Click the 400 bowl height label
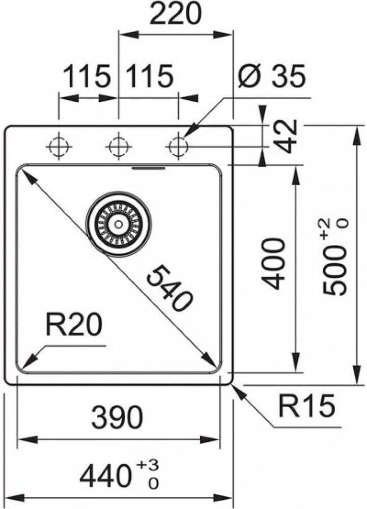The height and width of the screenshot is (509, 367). click(x=275, y=264)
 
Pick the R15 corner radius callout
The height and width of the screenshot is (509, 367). click(x=306, y=406)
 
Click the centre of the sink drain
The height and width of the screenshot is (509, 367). click(x=119, y=223)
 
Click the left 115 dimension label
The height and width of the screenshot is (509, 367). click(x=87, y=77)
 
